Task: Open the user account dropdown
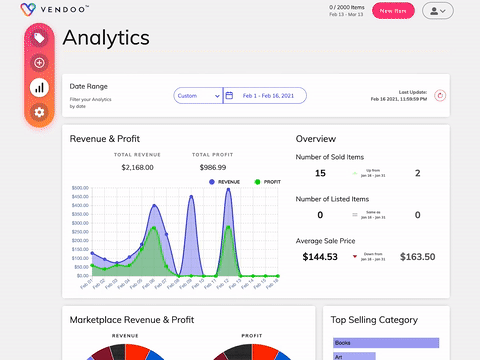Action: point(438,10)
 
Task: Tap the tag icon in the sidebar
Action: point(39,38)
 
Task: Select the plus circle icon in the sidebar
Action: point(39,63)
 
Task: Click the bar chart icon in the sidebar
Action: point(39,87)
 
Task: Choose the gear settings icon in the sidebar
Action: point(39,111)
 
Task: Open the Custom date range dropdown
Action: point(197,96)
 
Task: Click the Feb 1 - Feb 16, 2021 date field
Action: point(265,96)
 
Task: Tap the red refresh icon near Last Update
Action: point(441,95)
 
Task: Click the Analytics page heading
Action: point(106,38)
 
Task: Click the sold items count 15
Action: point(320,173)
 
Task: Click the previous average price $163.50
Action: point(417,257)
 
